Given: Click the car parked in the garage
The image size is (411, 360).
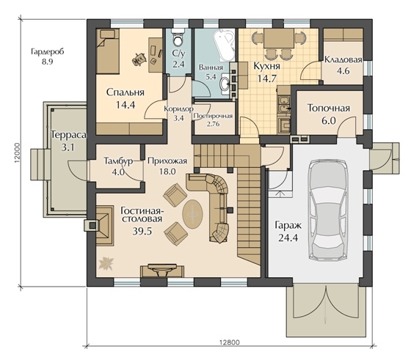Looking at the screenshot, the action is point(327,210).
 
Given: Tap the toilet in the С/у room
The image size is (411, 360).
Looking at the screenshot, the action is point(179,39).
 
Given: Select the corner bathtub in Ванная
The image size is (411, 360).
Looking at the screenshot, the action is point(224,45).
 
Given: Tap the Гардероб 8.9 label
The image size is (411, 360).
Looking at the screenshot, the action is point(48,56).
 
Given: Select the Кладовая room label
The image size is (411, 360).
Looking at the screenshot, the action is point(343,59).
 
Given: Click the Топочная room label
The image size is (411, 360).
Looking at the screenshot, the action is point(329,108).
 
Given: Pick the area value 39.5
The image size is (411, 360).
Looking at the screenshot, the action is point(142,231).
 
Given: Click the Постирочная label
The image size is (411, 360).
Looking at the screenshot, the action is point(213,116).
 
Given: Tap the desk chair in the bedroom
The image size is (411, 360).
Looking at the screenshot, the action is point(139,59).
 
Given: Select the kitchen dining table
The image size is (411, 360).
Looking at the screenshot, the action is point(279,38).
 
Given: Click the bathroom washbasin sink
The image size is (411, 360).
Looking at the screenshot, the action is point(225,84).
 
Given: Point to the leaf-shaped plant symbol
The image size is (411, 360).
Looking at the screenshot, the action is point(106,263).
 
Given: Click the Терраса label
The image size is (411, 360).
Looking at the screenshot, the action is point(69,135).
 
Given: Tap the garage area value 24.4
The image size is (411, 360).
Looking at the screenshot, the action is point(288,238).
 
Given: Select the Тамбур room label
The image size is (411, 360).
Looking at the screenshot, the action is point(118,161).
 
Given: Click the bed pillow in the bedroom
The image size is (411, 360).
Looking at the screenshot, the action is point(108,34).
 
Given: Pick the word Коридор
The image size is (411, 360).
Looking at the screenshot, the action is point(179,109).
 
